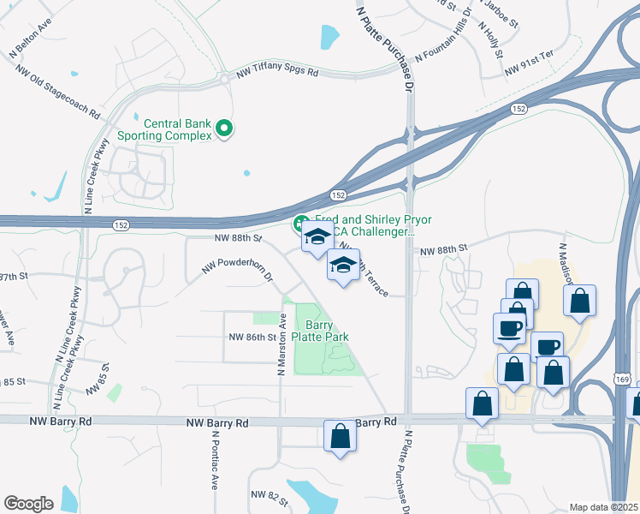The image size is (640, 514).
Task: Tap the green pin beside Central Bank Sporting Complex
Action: pos(225,129)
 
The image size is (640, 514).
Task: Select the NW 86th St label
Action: pos(249,338)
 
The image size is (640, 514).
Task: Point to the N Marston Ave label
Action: pos(281,345)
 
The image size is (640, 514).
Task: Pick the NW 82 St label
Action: pos(268,495)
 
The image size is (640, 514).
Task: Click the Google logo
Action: pos(28,504)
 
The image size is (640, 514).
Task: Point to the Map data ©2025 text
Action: pos(604,507)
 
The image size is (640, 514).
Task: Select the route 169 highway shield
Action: pos(622,378)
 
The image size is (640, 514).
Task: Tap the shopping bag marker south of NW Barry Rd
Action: pos(341,436)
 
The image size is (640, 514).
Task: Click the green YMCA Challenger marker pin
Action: pos(301,224)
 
